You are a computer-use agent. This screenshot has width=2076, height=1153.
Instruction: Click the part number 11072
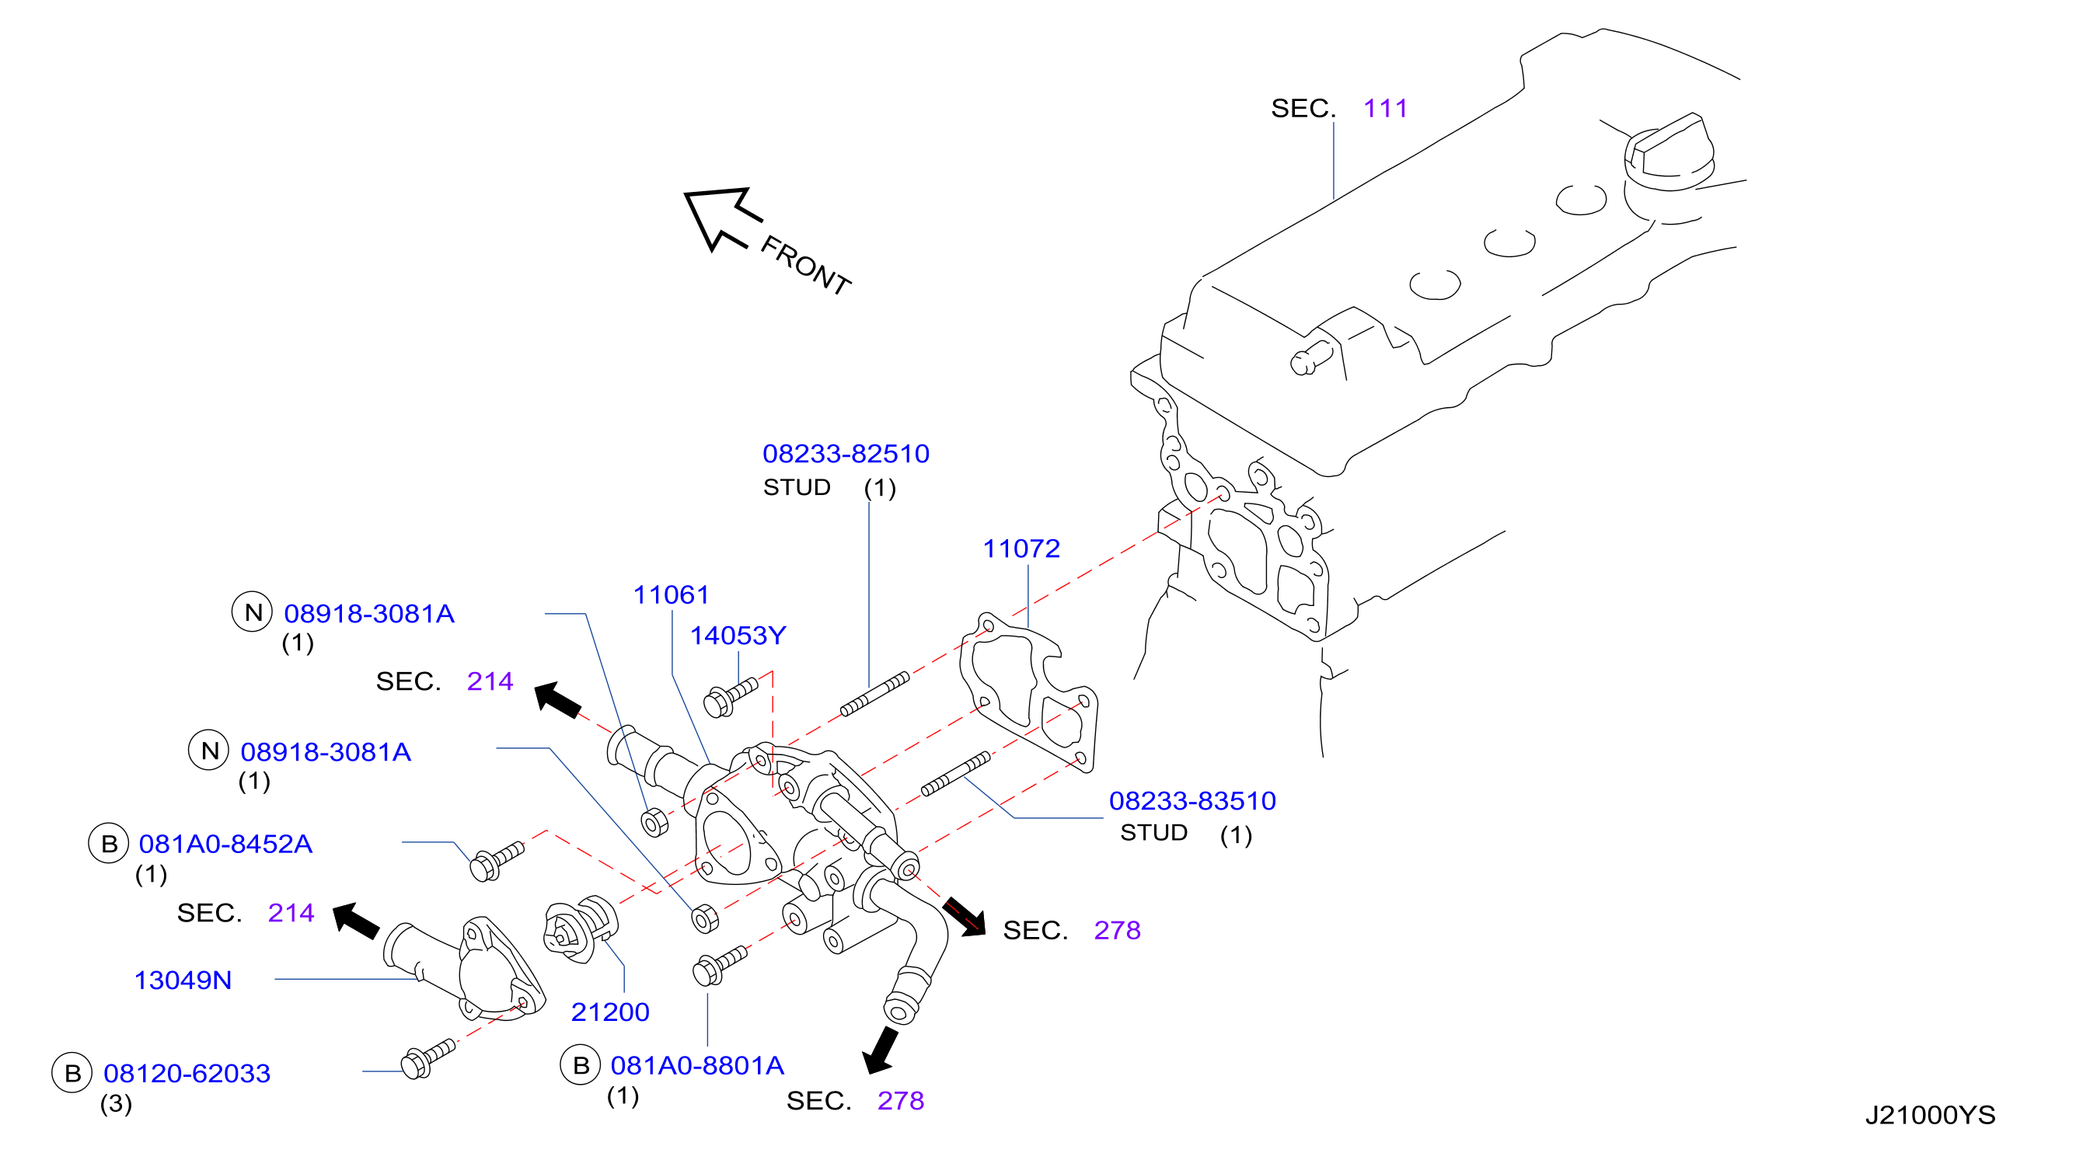pos(1021,549)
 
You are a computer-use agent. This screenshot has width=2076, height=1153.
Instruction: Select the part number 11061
pos(671,594)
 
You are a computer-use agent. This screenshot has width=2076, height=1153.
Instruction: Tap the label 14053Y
pos(738,636)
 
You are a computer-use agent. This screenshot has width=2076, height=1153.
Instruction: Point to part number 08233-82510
pos(846,454)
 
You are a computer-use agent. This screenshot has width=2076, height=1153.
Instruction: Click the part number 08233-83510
pos(1192,801)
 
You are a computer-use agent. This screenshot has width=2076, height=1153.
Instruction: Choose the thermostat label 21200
pos(610,1012)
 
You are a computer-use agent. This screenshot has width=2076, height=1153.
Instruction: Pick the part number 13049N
pos(183,981)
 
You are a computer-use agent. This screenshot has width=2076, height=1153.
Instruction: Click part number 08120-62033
pos(187,1074)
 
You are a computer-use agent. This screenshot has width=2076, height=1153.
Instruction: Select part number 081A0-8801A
pos(697,1066)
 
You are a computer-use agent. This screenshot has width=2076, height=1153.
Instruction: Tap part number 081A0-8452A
pos(225,845)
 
